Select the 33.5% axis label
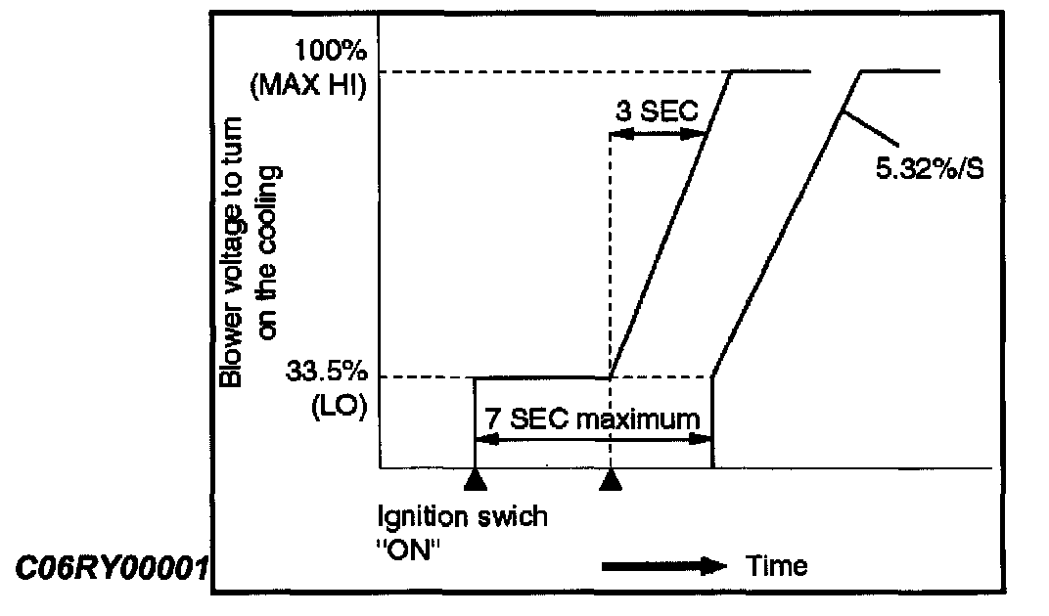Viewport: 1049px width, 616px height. [x=325, y=373]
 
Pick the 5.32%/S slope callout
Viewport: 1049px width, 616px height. [x=929, y=169]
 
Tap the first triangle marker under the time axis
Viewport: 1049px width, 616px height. [x=475, y=478]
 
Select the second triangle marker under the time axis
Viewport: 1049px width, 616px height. [x=611, y=478]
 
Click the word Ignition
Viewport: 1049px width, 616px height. [x=421, y=516]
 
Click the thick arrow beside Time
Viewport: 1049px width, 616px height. [x=666, y=565]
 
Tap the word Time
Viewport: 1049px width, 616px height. [x=777, y=565]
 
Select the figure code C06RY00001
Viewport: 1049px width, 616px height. [x=112, y=566]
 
